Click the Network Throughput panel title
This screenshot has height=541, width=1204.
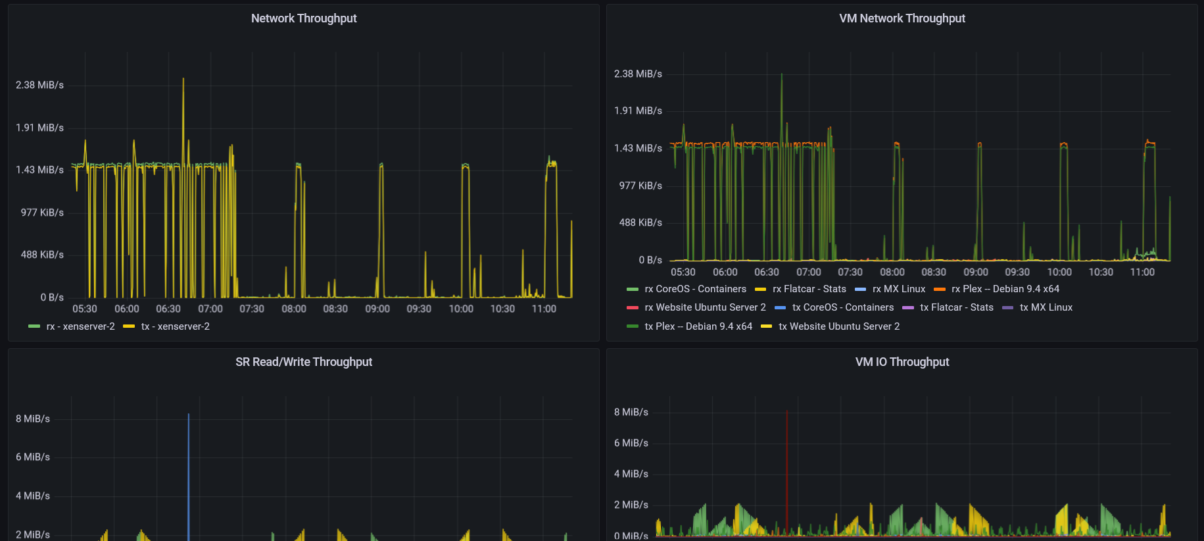[x=304, y=18]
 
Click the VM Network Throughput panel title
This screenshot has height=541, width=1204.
[x=902, y=18]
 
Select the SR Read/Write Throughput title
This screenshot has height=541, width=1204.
[x=304, y=362]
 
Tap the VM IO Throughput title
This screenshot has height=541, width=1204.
[x=902, y=362]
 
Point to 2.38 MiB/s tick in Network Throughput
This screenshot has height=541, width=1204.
[x=40, y=85]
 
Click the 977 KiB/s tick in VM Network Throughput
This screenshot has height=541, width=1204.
[x=640, y=186]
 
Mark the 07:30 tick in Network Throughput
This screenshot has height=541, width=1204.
[x=252, y=309]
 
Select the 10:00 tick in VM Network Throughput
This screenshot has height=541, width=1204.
[x=1059, y=272]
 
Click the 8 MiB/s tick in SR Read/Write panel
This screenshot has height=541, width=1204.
[x=33, y=419]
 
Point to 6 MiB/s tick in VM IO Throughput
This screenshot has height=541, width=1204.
[x=631, y=443]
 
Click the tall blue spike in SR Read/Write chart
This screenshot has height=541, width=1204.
[x=189, y=461]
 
